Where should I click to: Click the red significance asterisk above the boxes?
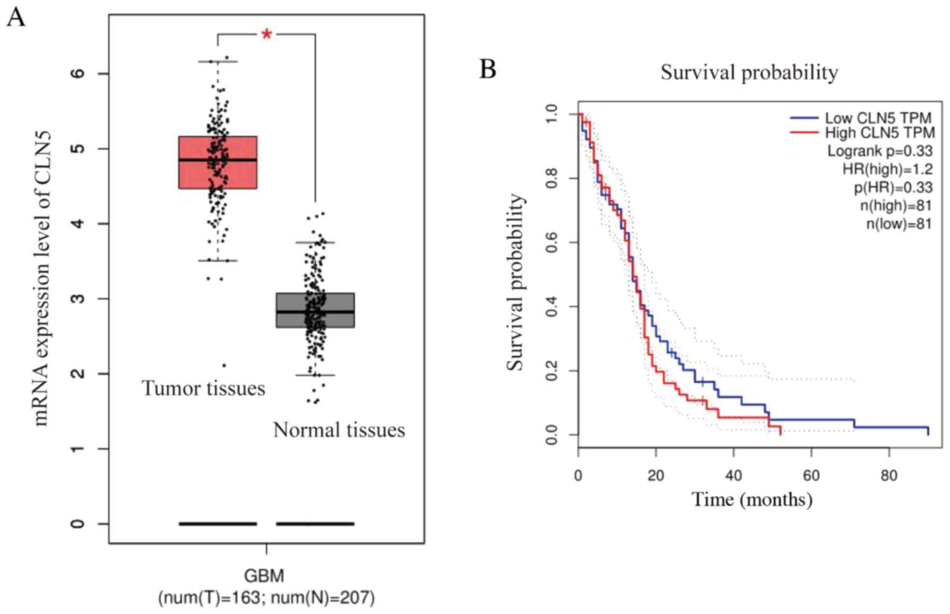click(267, 35)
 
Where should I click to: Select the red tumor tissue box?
click(218, 162)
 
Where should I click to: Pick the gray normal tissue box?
click(315, 310)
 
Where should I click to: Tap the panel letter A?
click(16, 17)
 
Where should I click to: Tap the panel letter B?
click(487, 69)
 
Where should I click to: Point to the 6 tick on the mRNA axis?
click(78, 73)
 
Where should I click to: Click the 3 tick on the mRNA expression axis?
click(78, 299)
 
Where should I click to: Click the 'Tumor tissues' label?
click(203, 389)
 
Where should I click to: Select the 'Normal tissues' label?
click(339, 430)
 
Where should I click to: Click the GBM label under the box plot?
click(264, 575)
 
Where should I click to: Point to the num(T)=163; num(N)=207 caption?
click(266, 598)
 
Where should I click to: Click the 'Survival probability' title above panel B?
click(749, 73)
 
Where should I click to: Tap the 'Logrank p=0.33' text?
click(880, 151)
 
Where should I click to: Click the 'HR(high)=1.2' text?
click(888, 169)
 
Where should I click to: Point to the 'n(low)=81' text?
click(899, 224)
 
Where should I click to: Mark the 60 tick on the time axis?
click(811, 475)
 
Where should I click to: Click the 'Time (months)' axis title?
click(752, 499)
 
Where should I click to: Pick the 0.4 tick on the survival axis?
click(551, 307)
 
